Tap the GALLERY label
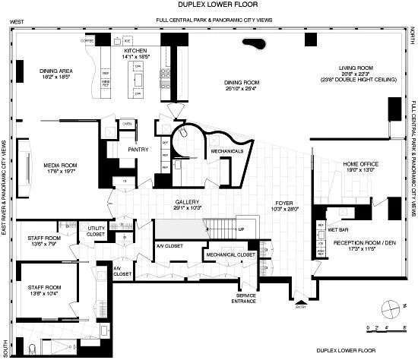coord(188,201)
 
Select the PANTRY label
coord(138,150)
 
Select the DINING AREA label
coord(55,71)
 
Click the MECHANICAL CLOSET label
coord(230,255)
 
